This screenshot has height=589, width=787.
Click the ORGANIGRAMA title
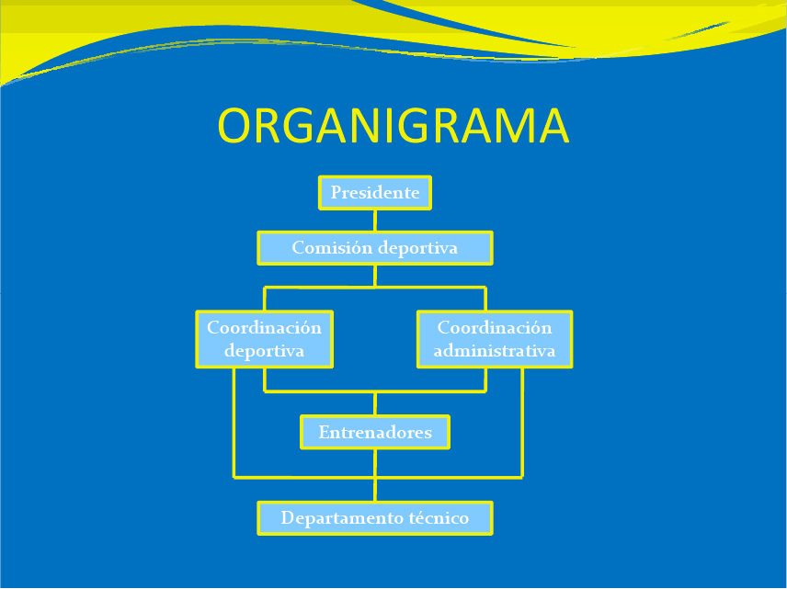[x=393, y=125]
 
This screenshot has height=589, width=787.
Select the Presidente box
[x=375, y=193]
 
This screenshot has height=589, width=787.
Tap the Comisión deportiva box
[x=375, y=248]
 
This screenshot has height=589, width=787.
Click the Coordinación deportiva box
[x=265, y=339]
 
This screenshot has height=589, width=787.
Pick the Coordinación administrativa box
[x=495, y=339]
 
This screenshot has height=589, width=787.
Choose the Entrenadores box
[x=375, y=432]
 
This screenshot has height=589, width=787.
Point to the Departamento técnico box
[x=375, y=517]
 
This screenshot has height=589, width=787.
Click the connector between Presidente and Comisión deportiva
[x=375, y=221]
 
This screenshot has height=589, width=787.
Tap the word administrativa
[x=495, y=350]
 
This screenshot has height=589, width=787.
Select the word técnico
[x=439, y=517]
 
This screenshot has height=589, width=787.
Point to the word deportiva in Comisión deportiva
[x=417, y=248]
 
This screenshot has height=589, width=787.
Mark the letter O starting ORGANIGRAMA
[x=234, y=126]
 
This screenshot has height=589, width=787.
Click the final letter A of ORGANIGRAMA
[x=554, y=126]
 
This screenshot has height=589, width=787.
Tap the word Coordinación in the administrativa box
[x=495, y=328]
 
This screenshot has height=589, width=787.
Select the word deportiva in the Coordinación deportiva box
[x=264, y=351]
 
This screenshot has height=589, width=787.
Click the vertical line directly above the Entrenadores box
[x=375, y=403]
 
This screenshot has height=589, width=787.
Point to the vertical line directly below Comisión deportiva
[x=375, y=276]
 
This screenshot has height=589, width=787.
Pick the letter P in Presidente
[x=336, y=192]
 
